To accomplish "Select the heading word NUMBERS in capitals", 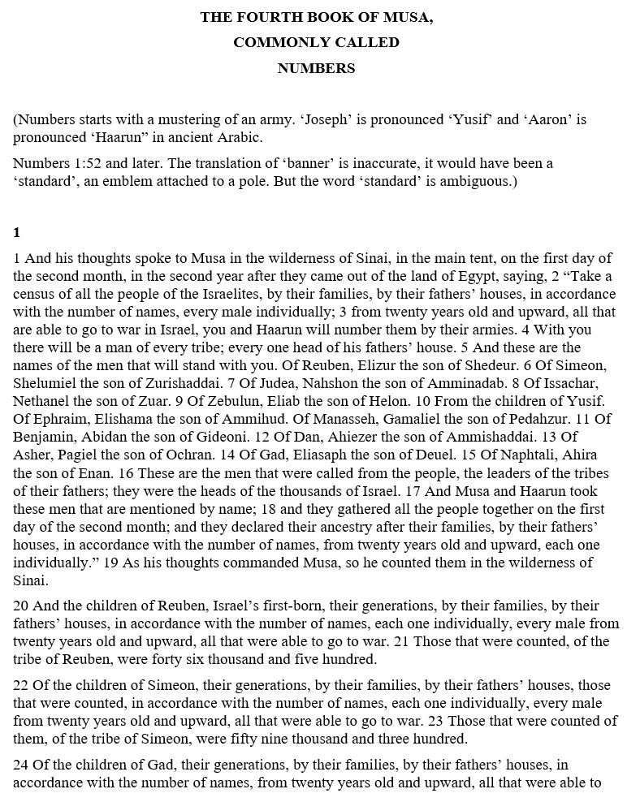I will click(316, 69).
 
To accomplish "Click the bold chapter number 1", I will click(17, 233).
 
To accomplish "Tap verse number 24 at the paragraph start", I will click(21, 766).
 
